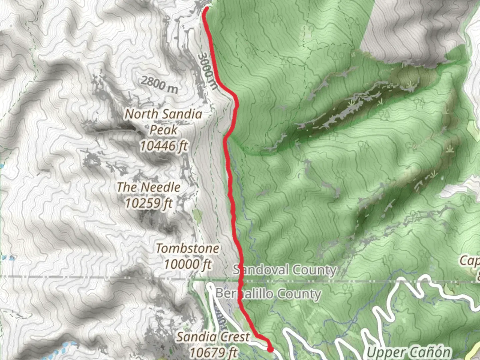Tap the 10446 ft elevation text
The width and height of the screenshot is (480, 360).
pos(163,146)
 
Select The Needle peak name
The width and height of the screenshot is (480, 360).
pos(149,187)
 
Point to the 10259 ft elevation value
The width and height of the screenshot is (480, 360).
pos(149,203)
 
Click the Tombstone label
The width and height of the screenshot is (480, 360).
pos(188,248)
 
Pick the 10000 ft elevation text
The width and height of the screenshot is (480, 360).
pos(188,264)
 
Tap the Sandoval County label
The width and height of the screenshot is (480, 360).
pos(284,270)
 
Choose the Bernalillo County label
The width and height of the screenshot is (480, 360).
pos(268,294)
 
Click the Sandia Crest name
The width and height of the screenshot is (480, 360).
pos(213,337)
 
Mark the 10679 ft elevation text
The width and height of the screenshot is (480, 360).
pos(213,352)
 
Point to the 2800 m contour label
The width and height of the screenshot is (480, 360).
pos(159,84)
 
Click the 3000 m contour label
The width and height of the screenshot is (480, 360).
pos(207,71)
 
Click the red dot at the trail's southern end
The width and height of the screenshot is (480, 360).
pos(270,349)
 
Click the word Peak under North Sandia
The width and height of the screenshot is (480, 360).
pos(163,130)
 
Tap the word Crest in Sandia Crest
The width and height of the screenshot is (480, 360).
pos(233,337)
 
